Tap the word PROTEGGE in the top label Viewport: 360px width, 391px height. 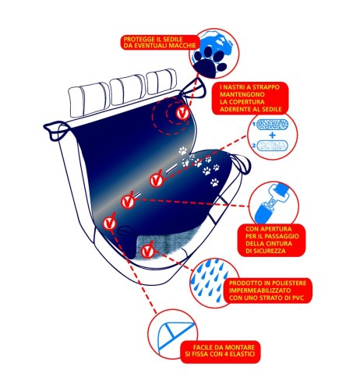click(x=137, y=40)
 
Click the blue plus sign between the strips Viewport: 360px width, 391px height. click(x=272, y=135)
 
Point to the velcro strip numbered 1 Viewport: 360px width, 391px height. click(x=272, y=125)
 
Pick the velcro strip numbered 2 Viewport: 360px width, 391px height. click(x=272, y=145)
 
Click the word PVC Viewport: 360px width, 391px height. click(x=298, y=298)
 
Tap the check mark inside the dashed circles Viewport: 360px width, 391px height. click(x=182, y=113)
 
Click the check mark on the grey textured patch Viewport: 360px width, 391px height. click(x=147, y=250)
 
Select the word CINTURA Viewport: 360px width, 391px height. click(x=278, y=244)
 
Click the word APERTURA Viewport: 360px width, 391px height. click(x=272, y=229)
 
